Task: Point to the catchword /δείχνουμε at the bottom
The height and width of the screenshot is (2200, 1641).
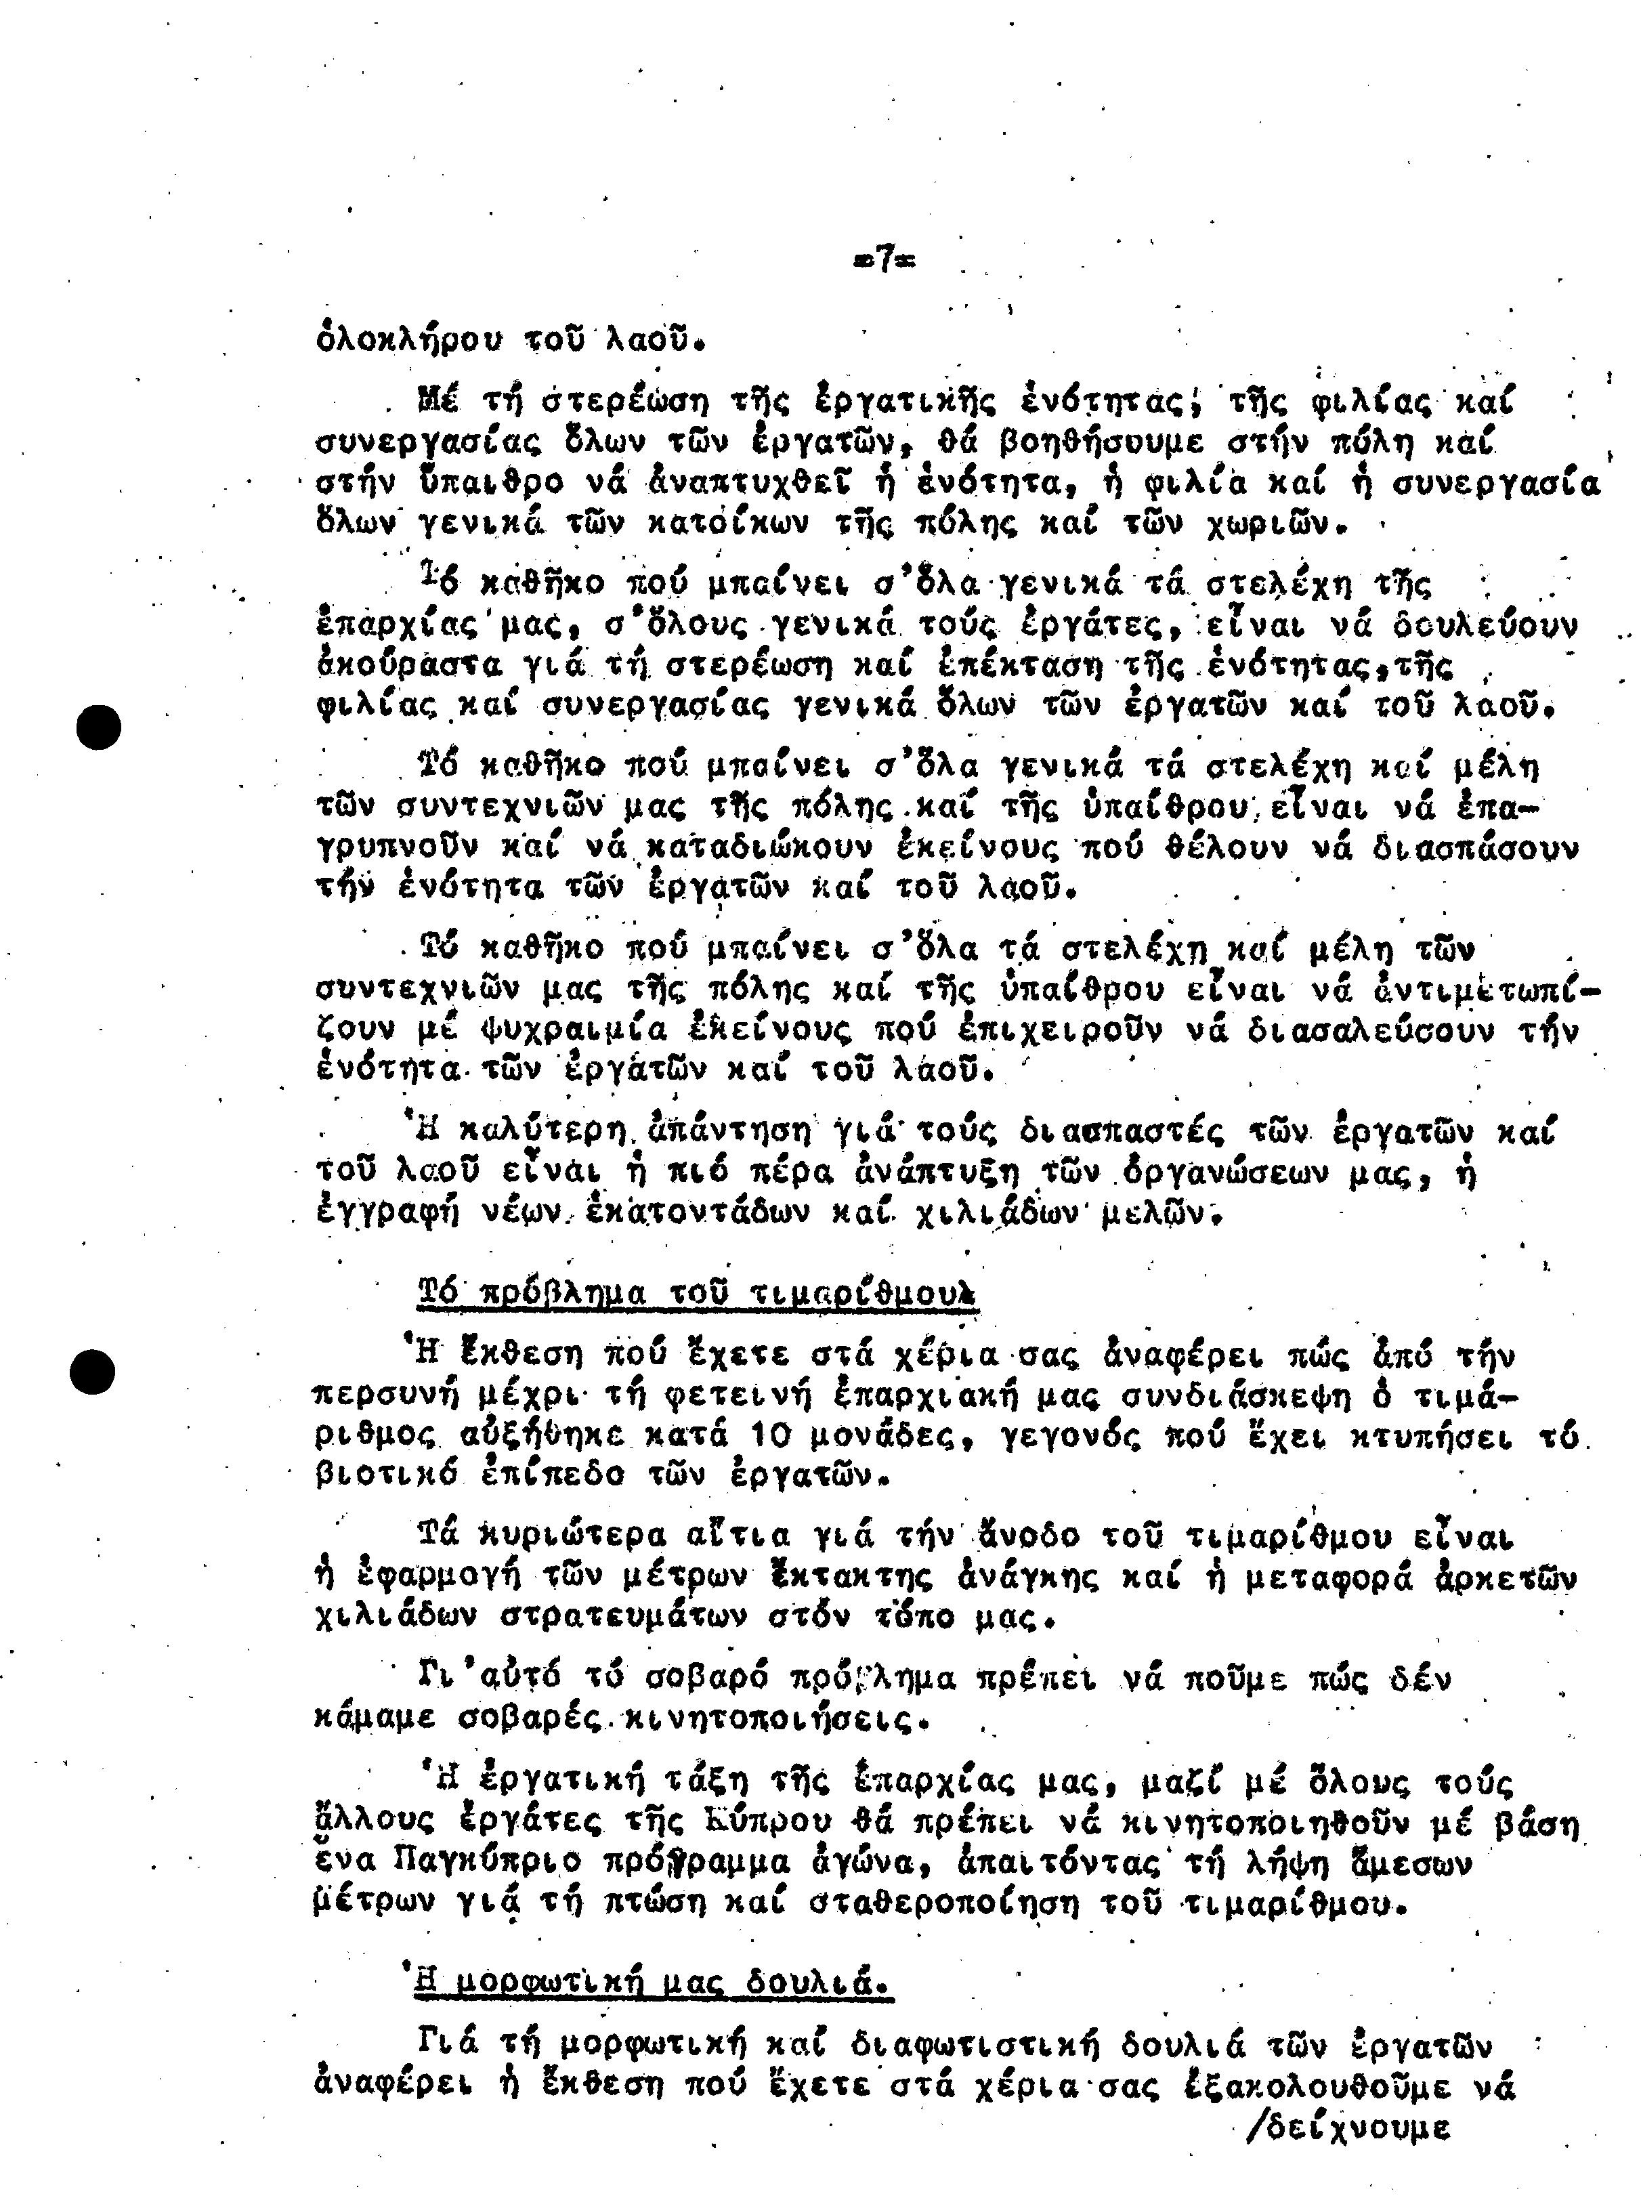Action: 1346,2128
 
